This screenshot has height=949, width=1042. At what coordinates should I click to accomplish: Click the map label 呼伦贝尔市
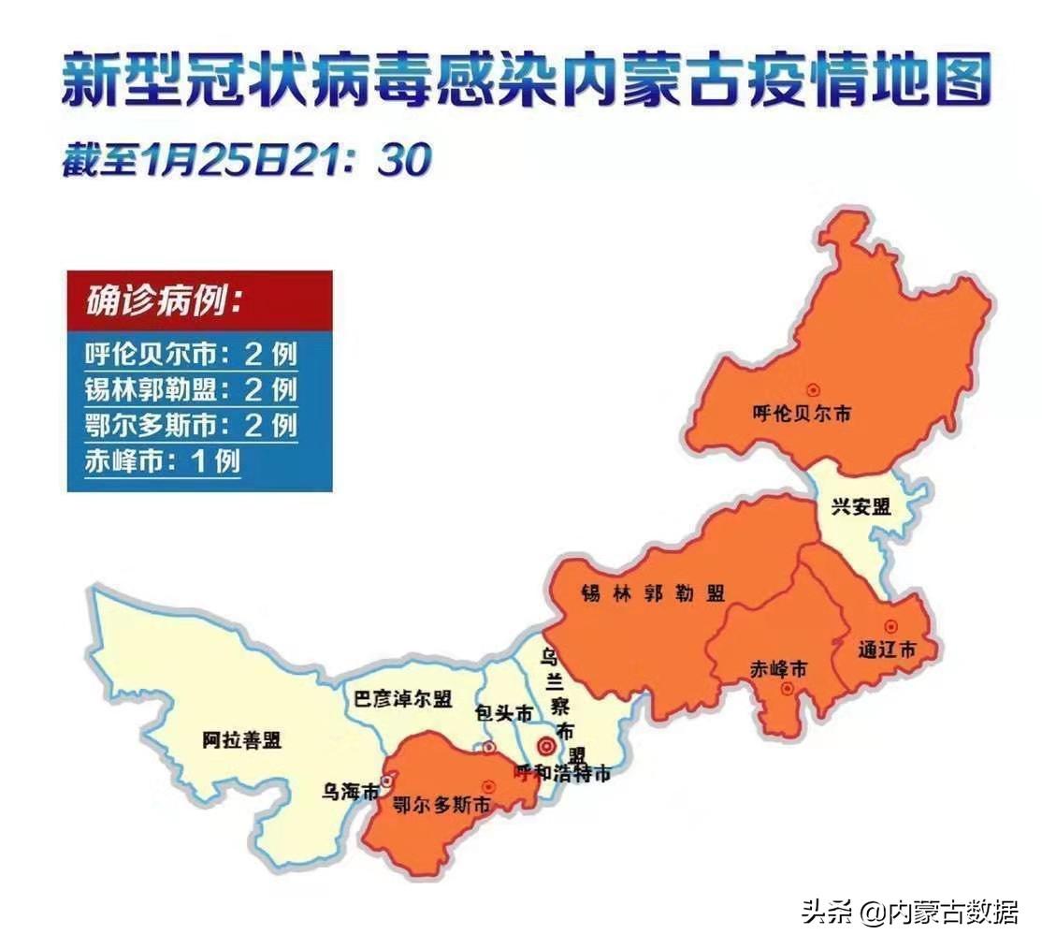click(802, 413)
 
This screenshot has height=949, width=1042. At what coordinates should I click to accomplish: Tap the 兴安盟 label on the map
click(861, 507)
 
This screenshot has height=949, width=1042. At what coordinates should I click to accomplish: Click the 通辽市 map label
click(887, 650)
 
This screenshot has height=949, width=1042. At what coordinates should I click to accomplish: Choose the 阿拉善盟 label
click(241, 741)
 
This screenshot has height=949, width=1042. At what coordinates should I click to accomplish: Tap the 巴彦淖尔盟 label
click(403, 698)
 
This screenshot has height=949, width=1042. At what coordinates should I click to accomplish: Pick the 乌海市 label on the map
click(350, 792)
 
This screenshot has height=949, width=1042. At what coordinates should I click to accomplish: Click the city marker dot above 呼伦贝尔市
click(813, 389)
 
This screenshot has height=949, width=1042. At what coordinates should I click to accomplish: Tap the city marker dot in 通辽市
click(891, 626)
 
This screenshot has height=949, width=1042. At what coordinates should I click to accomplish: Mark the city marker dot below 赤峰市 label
click(787, 690)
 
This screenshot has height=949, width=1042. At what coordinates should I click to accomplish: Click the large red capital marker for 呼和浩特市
click(545, 747)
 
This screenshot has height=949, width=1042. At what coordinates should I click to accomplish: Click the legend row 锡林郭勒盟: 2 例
click(192, 389)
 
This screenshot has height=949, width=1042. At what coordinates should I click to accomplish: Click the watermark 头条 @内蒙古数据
click(909, 912)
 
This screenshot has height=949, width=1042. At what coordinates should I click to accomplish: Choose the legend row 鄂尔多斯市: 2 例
click(192, 425)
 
